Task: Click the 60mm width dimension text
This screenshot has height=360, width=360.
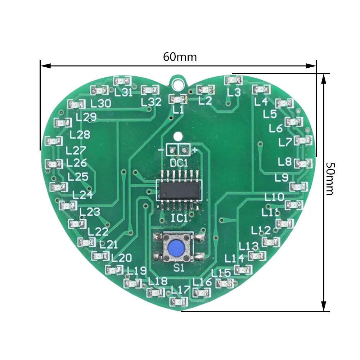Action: click(x=180, y=57)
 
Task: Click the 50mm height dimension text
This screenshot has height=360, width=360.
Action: click(x=330, y=179)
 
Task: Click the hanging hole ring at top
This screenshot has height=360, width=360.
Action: click(x=177, y=83)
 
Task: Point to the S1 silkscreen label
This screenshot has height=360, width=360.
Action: click(x=179, y=268)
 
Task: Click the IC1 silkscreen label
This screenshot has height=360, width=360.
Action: click(x=179, y=218)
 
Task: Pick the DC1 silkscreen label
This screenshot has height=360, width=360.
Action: click(x=179, y=163)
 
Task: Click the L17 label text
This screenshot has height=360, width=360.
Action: click(x=180, y=289)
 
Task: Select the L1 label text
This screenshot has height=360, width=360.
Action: click(x=178, y=110)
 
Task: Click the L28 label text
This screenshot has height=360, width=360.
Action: click(x=80, y=135)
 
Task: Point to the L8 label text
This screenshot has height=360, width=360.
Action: click(x=285, y=162)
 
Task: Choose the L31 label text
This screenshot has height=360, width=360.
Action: click(x=123, y=93)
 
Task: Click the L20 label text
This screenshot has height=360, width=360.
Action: click(x=121, y=258)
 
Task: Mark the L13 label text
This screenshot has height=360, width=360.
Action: click(x=249, y=246)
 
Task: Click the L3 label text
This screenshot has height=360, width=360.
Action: click(x=234, y=93)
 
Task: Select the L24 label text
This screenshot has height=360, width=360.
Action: click(x=82, y=195)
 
